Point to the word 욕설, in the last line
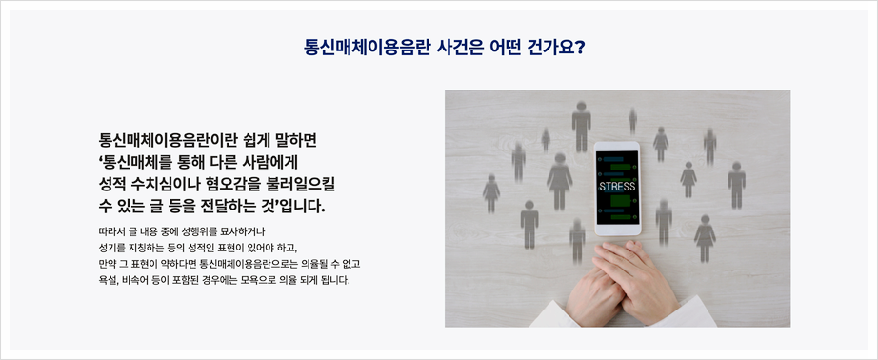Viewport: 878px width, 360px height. point(108,280)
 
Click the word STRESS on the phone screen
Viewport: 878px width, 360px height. point(617,186)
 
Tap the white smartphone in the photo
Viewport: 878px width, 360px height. point(617,189)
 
